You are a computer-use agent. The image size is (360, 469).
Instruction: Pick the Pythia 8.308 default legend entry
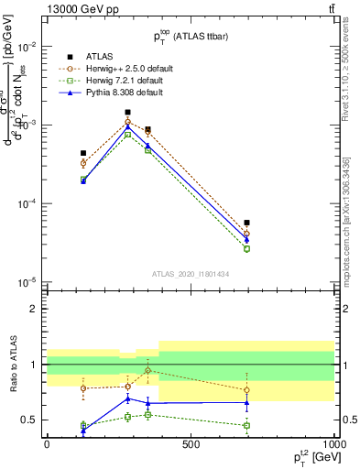coord(118,92)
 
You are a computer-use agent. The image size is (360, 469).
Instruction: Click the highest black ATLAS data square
coord(127,113)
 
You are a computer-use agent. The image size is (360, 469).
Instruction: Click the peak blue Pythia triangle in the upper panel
coord(127,126)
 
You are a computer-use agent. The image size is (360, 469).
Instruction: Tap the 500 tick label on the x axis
coord(190,444)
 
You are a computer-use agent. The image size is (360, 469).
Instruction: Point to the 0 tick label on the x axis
coord(47,444)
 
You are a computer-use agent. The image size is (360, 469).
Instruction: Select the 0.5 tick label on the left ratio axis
coord(30,420)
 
